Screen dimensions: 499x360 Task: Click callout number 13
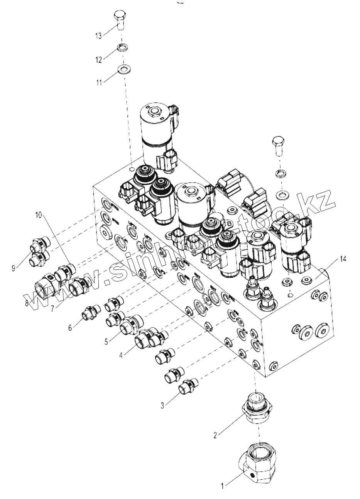coord(98,36)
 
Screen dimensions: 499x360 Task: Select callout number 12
coord(98,60)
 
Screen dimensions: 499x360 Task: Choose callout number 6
coord(70,328)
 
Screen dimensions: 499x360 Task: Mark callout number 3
coord(162,405)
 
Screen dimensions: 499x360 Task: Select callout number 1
coord(222,486)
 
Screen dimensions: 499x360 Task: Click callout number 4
coord(121,355)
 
